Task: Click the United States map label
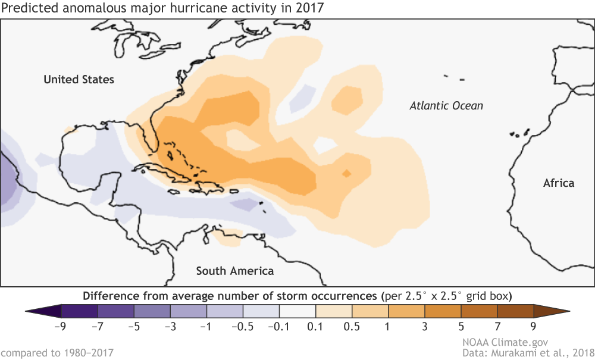click(x=79, y=79)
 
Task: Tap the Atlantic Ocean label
click(x=446, y=106)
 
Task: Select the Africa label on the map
click(x=559, y=183)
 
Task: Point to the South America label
click(x=235, y=271)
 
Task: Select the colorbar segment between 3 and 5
click(x=443, y=311)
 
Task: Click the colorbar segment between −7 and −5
click(x=116, y=311)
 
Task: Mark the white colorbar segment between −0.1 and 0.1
click(x=297, y=311)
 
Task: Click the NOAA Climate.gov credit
click(x=505, y=342)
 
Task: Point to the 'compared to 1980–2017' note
click(x=57, y=353)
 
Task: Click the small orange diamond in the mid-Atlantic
click(x=346, y=173)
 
